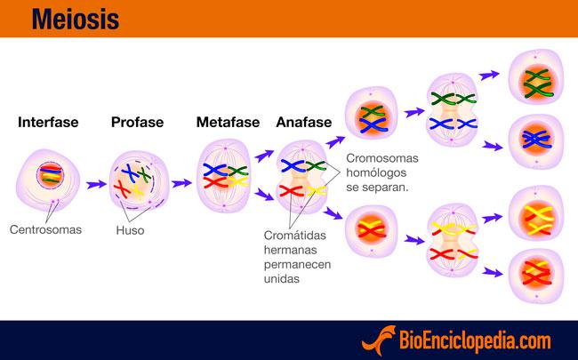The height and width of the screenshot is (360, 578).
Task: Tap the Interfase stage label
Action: (x=48, y=123)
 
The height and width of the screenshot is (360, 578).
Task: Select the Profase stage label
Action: (x=137, y=123)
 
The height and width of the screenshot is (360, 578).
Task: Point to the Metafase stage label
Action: (x=228, y=123)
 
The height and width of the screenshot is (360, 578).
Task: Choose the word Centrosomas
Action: (x=45, y=229)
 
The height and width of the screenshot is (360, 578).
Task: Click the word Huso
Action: (x=130, y=230)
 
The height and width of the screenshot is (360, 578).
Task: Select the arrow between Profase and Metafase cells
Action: (x=181, y=184)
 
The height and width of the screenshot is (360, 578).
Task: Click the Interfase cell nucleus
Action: (x=51, y=174)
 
